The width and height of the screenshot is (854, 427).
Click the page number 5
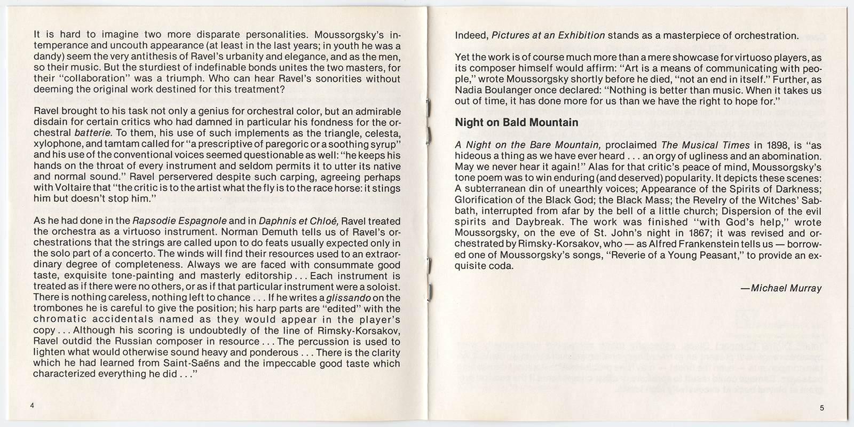coord(822,408)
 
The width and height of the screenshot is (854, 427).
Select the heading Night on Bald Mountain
coord(516,122)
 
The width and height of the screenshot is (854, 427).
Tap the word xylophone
coord(57,144)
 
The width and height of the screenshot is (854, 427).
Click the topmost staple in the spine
coord(429,107)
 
